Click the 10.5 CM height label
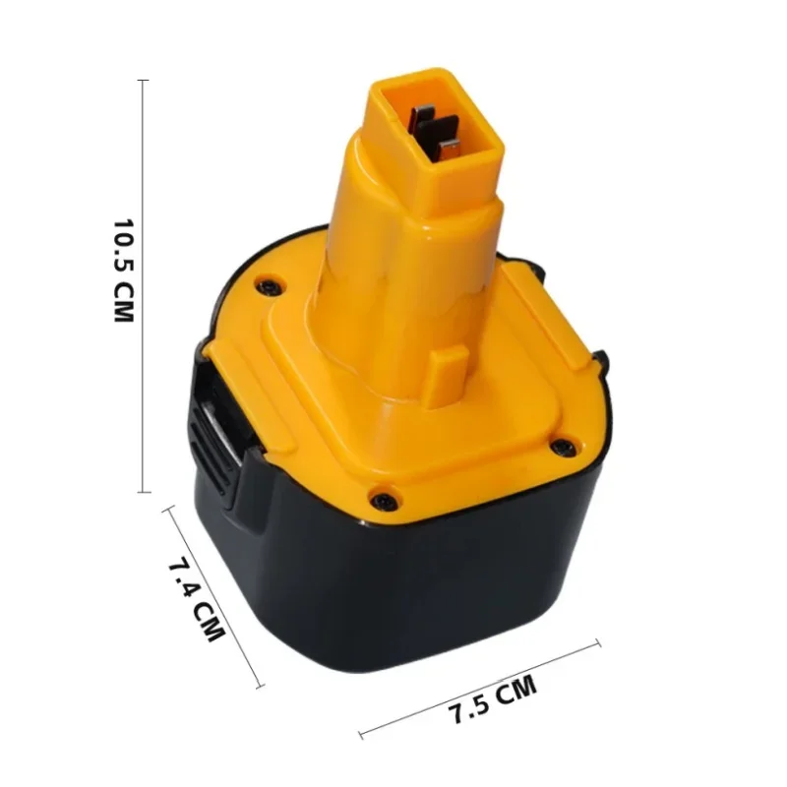point(124,271)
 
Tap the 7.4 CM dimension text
point(197,600)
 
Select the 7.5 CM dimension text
point(493,700)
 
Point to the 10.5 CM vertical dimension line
point(144,285)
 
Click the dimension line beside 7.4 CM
point(214,597)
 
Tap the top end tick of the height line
point(144,80)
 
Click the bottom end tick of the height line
point(144,492)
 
